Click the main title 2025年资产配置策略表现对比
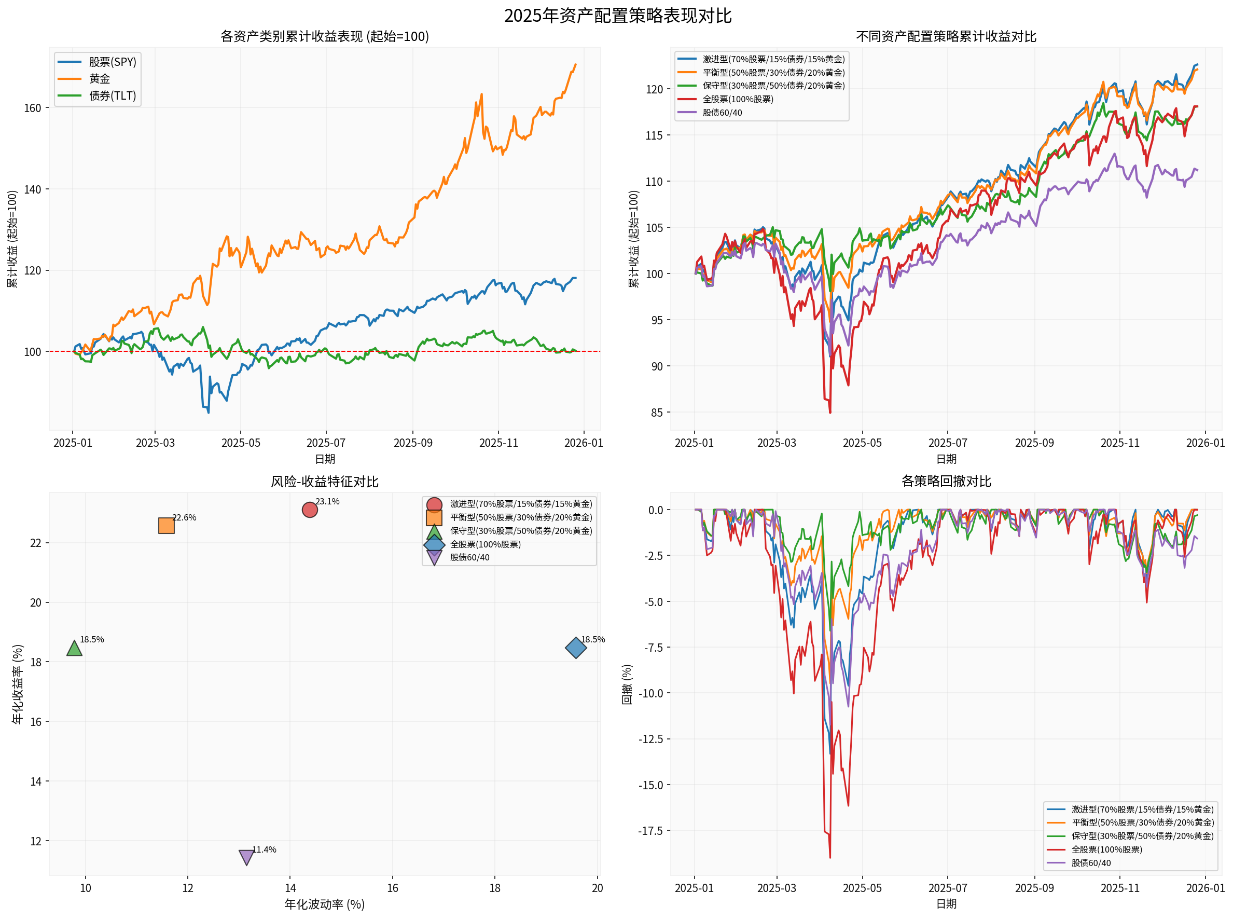pos(617,16)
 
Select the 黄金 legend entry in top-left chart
pos(100,79)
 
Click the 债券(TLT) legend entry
pos(113,95)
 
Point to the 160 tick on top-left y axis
pos(32,108)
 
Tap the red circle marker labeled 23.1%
pos(310,510)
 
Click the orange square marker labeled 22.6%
pos(167,526)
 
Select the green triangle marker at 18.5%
pos(75,649)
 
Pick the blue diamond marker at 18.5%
pos(576,648)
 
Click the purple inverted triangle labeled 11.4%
pos(246,857)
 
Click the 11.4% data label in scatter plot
pos(264,849)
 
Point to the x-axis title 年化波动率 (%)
pos(324,904)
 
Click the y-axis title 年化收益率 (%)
pos(17,684)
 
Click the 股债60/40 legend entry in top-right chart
pos(722,113)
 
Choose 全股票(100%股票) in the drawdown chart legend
pos(1107,849)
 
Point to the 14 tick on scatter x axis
pos(290,888)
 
